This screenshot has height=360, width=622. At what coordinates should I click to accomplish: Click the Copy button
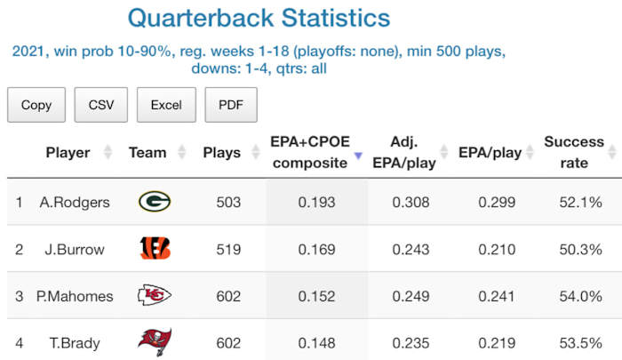click(x=36, y=105)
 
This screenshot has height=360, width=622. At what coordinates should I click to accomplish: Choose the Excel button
click(x=166, y=105)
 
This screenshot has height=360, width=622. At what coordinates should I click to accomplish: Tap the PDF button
click(x=231, y=105)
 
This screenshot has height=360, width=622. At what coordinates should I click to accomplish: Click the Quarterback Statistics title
click(x=259, y=18)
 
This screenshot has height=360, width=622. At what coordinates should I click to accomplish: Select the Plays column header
click(x=221, y=152)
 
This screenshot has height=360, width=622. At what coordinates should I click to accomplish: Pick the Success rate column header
click(x=573, y=152)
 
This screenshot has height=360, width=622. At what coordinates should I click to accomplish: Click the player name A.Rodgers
click(x=75, y=202)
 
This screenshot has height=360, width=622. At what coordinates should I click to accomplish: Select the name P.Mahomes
click(x=75, y=296)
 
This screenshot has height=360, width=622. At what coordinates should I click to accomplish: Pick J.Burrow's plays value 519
click(x=228, y=249)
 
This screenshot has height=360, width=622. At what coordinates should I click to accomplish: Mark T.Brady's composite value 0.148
click(x=316, y=342)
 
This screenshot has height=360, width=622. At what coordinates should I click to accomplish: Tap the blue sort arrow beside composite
click(x=358, y=156)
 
